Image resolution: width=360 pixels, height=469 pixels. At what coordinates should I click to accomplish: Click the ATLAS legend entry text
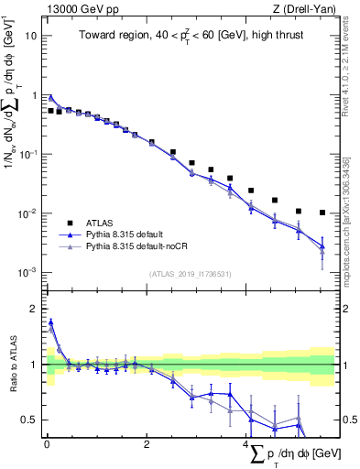[99, 223]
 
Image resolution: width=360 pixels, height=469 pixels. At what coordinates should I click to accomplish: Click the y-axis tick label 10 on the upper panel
[30, 36]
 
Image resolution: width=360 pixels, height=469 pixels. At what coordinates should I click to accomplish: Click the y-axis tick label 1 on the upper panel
[34, 95]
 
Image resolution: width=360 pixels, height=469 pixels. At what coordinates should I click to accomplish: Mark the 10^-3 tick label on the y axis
[27, 273]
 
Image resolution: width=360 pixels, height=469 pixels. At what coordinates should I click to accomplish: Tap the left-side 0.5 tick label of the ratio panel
[29, 420]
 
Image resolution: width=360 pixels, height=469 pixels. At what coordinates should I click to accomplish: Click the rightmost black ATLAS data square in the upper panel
[322, 213]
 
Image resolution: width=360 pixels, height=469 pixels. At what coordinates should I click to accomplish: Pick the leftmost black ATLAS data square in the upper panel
[50, 110]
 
